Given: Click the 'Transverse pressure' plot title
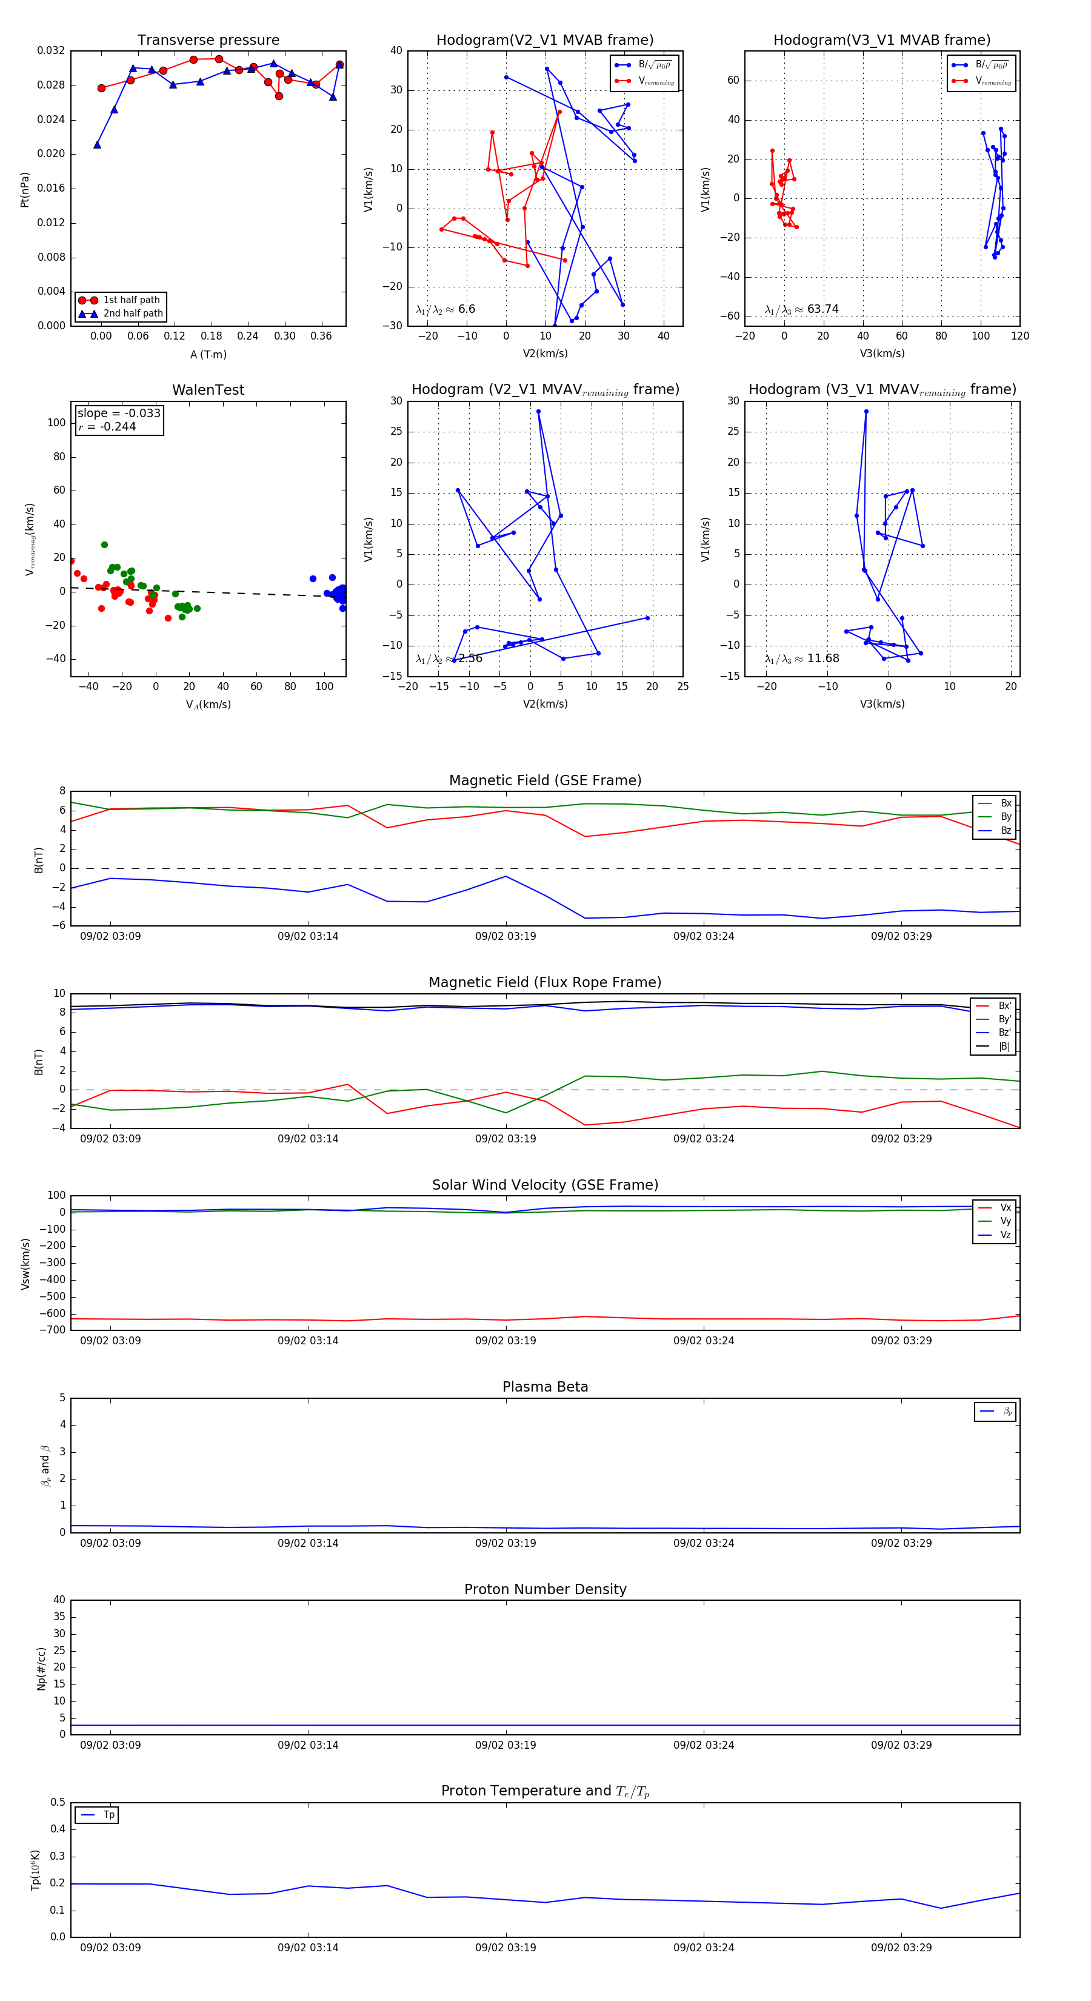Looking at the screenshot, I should point(208,41).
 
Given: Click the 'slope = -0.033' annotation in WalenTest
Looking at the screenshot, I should point(119,414).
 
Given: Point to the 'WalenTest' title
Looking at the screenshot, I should point(208,390).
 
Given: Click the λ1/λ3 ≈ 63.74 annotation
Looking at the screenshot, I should point(801,309).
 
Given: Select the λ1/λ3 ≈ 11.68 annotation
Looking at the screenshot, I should point(801,659).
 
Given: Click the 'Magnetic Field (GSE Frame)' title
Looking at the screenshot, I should point(545,780).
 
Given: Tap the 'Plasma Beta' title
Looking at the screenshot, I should point(545,1387).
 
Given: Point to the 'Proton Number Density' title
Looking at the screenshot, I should point(545,1589).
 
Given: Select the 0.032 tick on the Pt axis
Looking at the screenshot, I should point(52,50).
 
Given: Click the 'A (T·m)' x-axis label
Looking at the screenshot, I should point(208,355).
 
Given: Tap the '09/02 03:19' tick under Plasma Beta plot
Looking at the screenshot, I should point(505,1543).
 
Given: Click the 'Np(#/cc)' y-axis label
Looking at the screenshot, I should point(42,1669).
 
